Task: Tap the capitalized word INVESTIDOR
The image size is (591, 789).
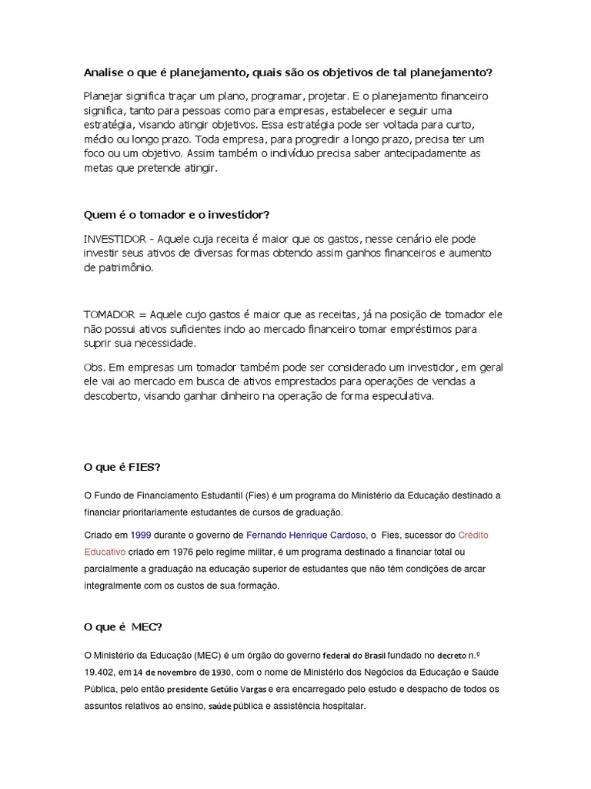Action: (x=115, y=239)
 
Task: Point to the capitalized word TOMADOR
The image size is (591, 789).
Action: (x=109, y=314)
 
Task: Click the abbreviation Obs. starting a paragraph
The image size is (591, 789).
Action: (x=93, y=367)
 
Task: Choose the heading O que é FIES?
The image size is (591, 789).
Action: (x=122, y=467)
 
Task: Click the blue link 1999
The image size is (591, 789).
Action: (x=141, y=534)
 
